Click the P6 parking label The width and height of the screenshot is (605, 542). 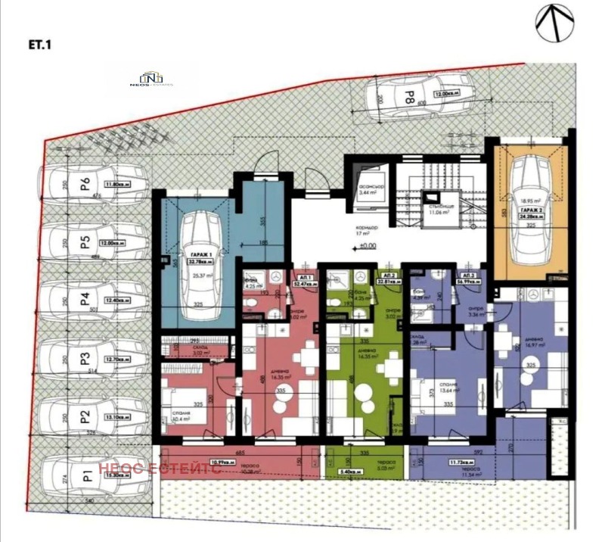pyautogui.click(x=85, y=183)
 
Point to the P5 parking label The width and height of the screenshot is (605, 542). pyautogui.click(x=85, y=242)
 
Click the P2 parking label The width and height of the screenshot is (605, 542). pyautogui.click(x=85, y=416)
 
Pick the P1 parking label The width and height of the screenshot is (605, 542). pyautogui.click(x=86, y=475)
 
